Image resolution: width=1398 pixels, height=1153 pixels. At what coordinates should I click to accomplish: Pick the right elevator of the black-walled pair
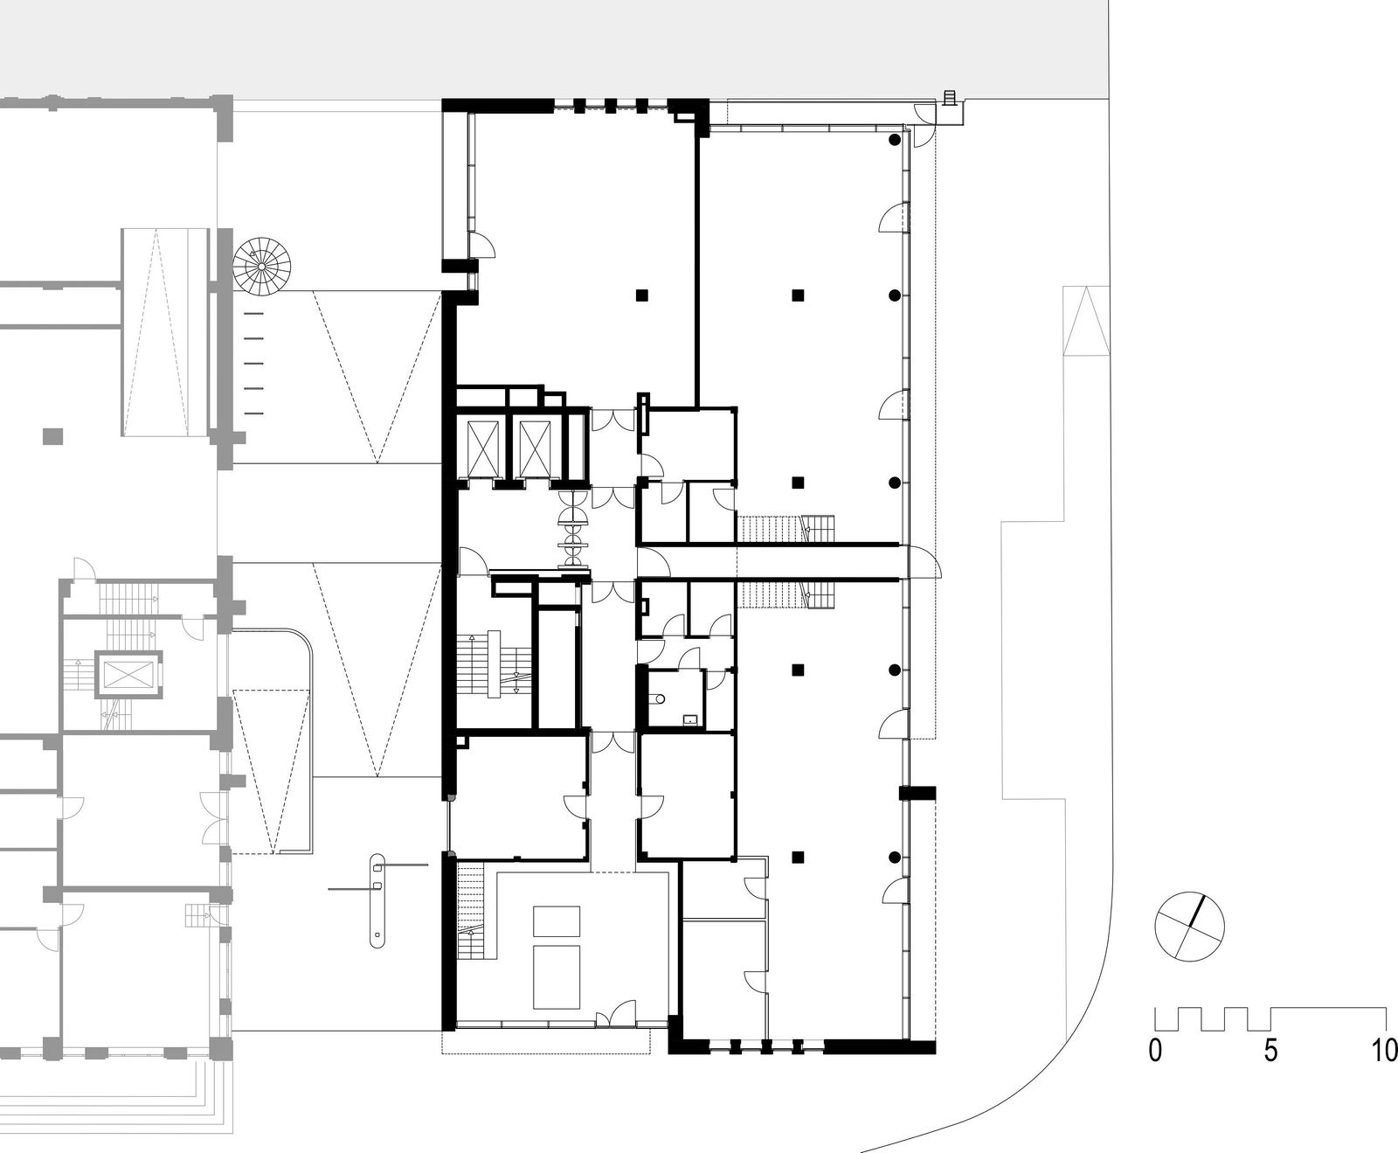[x=533, y=448]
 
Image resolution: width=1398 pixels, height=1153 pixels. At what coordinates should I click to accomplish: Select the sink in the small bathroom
[x=691, y=719]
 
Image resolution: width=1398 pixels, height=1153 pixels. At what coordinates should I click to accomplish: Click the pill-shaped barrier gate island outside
[x=377, y=899]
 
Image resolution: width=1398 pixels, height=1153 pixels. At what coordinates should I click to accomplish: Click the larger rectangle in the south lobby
[x=557, y=975]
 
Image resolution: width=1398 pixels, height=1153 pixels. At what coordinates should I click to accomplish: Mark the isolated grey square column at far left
[x=53, y=435]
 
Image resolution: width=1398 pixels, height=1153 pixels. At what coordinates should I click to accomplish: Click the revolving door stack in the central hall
[x=574, y=540]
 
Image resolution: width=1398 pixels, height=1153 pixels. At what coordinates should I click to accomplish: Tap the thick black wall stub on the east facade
[x=917, y=793]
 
